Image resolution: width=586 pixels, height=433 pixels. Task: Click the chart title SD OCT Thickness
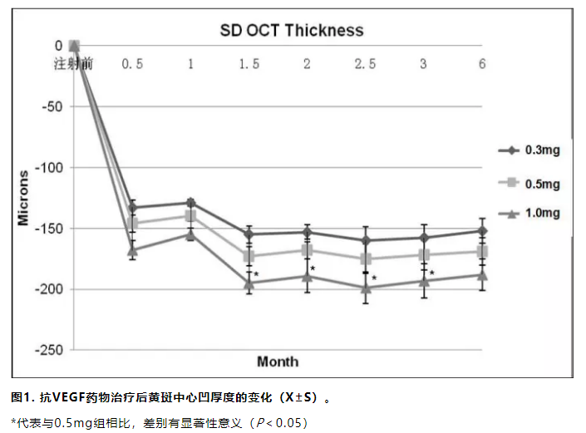[291, 31]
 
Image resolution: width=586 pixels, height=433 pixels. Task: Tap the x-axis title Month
[278, 362]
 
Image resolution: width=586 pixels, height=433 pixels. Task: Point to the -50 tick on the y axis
[52, 106]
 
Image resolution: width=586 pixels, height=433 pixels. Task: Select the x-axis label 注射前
[73, 64]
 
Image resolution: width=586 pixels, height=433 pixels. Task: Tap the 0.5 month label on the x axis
[132, 64]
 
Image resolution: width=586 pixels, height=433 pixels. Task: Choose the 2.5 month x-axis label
[365, 64]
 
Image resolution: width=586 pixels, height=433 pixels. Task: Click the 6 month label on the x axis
[482, 64]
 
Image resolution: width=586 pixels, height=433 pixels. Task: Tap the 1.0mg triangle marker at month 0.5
[132, 249]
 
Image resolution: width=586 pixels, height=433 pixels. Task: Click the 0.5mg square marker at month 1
[190, 216]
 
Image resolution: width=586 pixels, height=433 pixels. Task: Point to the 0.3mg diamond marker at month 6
[482, 231]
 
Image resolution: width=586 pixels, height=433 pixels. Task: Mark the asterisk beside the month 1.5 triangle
[257, 274]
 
